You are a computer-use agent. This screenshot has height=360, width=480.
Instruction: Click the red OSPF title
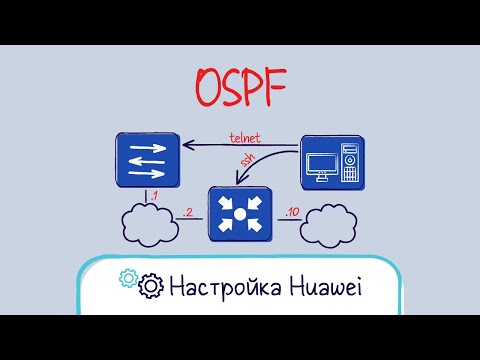click(x=239, y=89)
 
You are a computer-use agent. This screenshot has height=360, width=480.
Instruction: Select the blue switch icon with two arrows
click(x=147, y=159)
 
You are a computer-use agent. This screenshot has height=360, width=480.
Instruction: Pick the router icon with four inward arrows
click(x=239, y=213)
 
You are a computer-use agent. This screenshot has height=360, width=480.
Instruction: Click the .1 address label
click(x=153, y=196)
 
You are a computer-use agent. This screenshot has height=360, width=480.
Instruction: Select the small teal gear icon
click(x=128, y=277)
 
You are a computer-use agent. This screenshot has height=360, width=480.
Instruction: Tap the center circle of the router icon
click(x=239, y=213)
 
